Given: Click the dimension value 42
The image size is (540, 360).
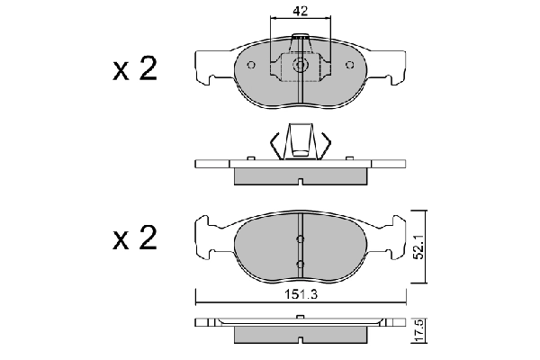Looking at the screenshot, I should click(301, 12).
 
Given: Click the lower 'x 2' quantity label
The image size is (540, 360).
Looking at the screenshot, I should click(135, 238).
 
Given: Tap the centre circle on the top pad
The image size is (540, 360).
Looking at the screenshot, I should click(300, 65).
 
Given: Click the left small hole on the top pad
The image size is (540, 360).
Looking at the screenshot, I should click(253, 64).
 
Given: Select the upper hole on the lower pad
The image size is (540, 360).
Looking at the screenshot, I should click(300, 238).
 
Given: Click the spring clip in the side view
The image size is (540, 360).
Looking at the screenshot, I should click(300, 142).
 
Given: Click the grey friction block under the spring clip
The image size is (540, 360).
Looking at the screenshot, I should click(300, 175).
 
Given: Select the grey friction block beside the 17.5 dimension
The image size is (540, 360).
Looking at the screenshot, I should click(300, 334).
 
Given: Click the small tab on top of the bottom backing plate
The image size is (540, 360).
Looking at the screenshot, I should click(300, 317).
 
